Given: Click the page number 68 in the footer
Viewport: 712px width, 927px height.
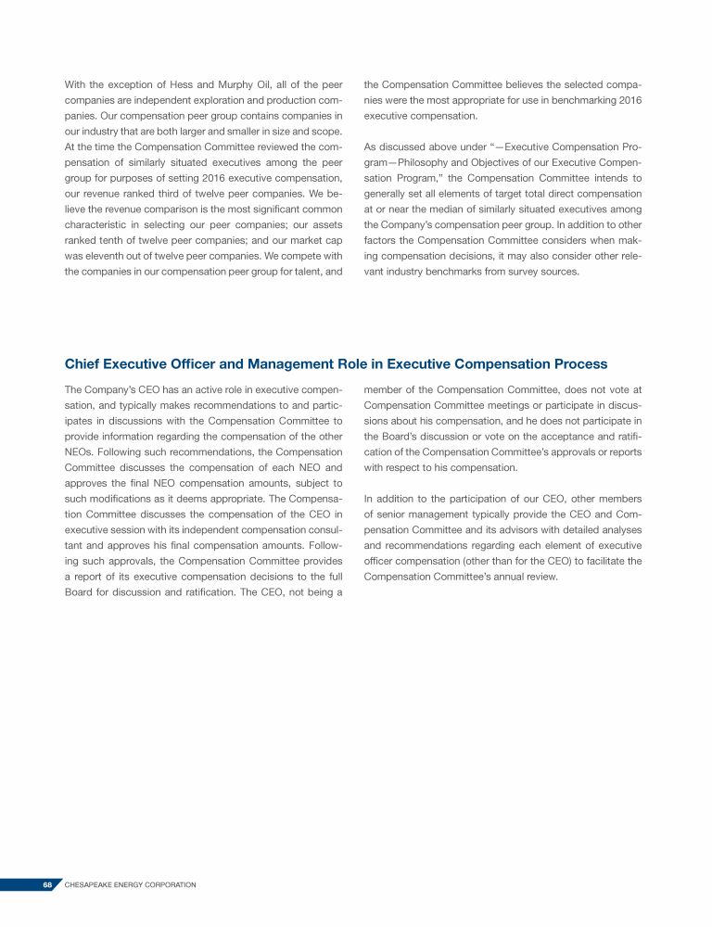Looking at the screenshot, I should (x=46, y=885).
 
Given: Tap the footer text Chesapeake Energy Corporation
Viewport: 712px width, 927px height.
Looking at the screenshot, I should (x=131, y=885).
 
